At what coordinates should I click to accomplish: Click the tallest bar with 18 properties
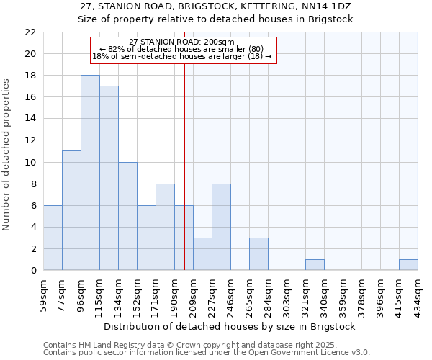pos(90,173)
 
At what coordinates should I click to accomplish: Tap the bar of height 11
pos(71,210)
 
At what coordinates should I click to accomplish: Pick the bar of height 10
pos(127,216)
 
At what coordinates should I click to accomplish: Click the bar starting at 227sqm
pos(221,227)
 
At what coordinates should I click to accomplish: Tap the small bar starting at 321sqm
pos(315,265)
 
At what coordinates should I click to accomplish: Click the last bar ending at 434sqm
pos(408,265)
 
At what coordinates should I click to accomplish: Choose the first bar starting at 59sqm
pos(53,238)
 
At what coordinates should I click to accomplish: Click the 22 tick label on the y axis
pos(30,32)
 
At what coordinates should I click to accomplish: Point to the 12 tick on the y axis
pos(30,140)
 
